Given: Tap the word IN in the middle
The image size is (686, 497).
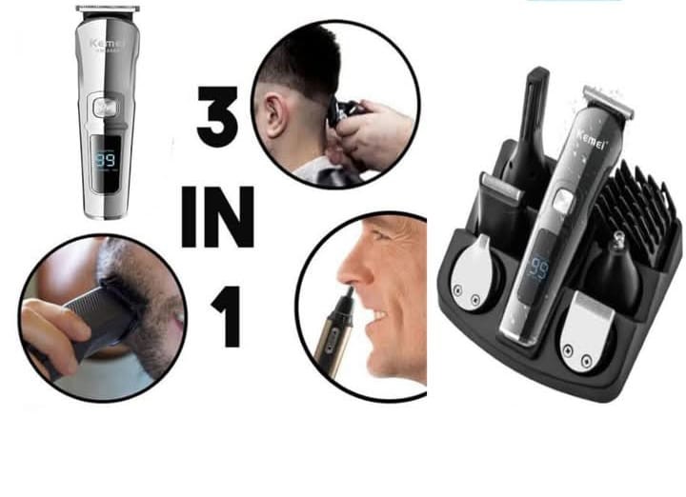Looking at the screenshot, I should pos(217,218).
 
